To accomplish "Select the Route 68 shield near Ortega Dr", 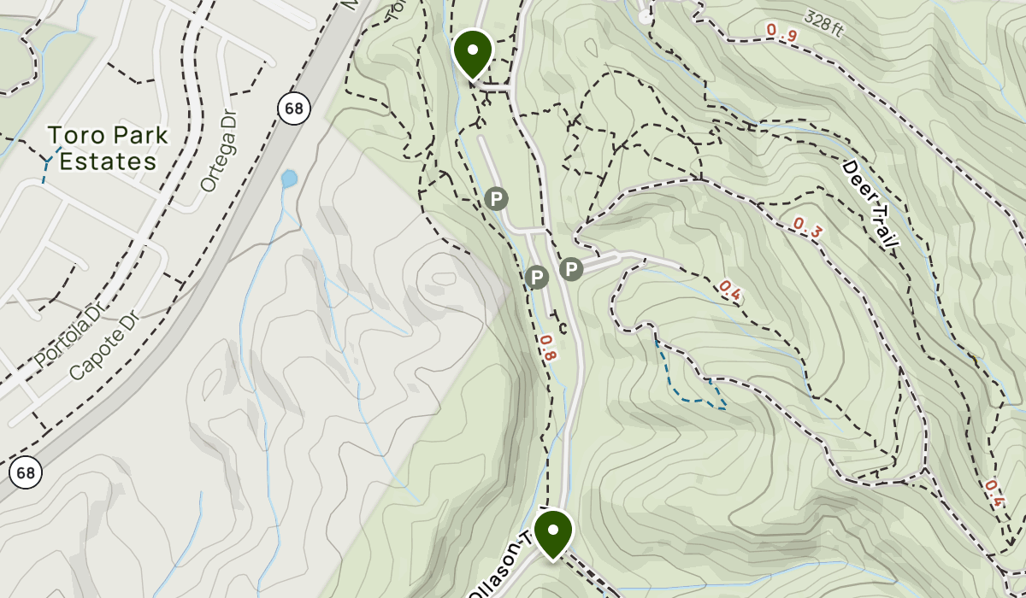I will pyautogui.click(x=292, y=108).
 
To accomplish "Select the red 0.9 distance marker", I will pyautogui.click(x=781, y=33).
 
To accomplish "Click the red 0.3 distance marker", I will pyautogui.click(x=808, y=227).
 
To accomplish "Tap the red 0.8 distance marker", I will pyautogui.click(x=547, y=348).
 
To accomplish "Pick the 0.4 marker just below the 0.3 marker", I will pyautogui.click(x=730, y=291).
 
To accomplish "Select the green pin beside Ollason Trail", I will pyautogui.click(x=553, y=531).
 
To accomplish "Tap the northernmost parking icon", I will pyautogui.click(x=496, y=199).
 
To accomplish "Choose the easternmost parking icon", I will pyautogui.click(x=571, y=270).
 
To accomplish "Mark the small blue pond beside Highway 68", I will pyautogui.click(x=289, y=179).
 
